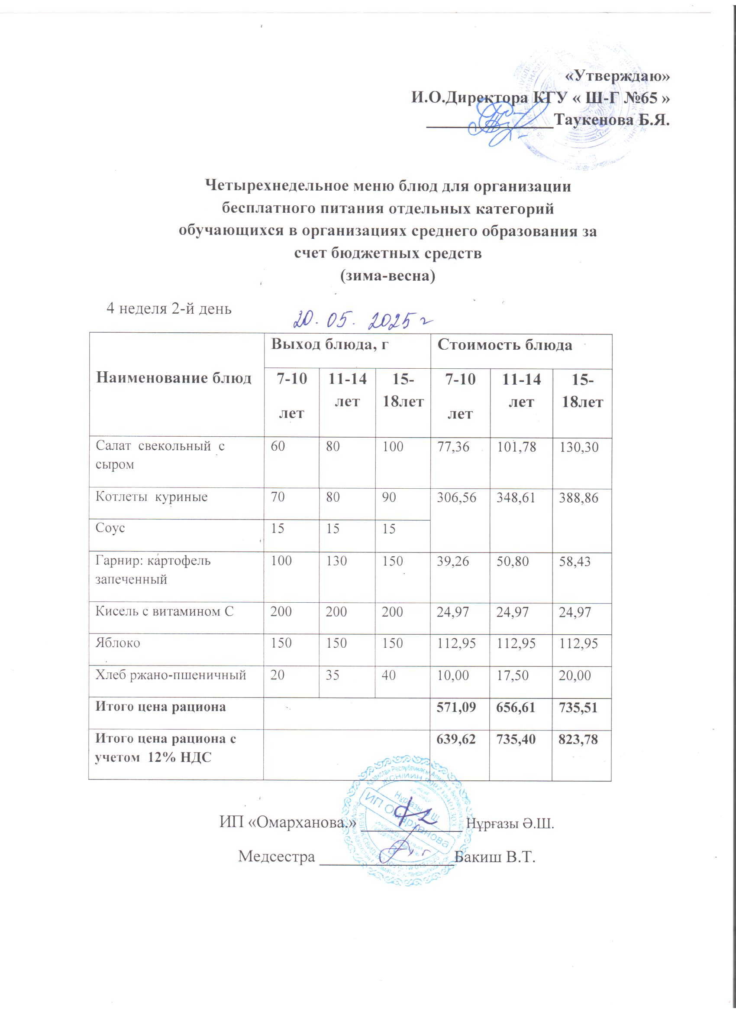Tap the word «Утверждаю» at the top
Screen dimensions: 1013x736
click(618, 76)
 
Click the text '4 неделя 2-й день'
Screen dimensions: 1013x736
click(169, 308)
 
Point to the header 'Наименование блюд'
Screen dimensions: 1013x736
click(174, 378)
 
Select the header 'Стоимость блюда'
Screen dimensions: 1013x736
click(504, 345)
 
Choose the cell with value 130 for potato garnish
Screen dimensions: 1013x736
click(336, 561)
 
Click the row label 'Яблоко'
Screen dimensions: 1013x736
click(118, 643)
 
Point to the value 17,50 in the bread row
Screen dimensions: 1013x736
click(513, 675)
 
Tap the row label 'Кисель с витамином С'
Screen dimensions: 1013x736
click(164, 611)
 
